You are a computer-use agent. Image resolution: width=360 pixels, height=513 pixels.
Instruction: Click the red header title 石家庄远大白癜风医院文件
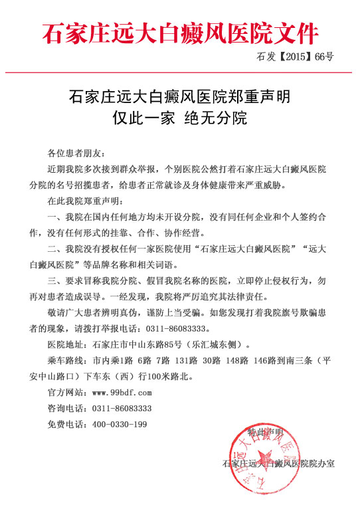(180, 32)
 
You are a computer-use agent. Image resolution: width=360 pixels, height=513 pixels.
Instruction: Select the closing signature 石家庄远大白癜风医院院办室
(278, 463)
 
